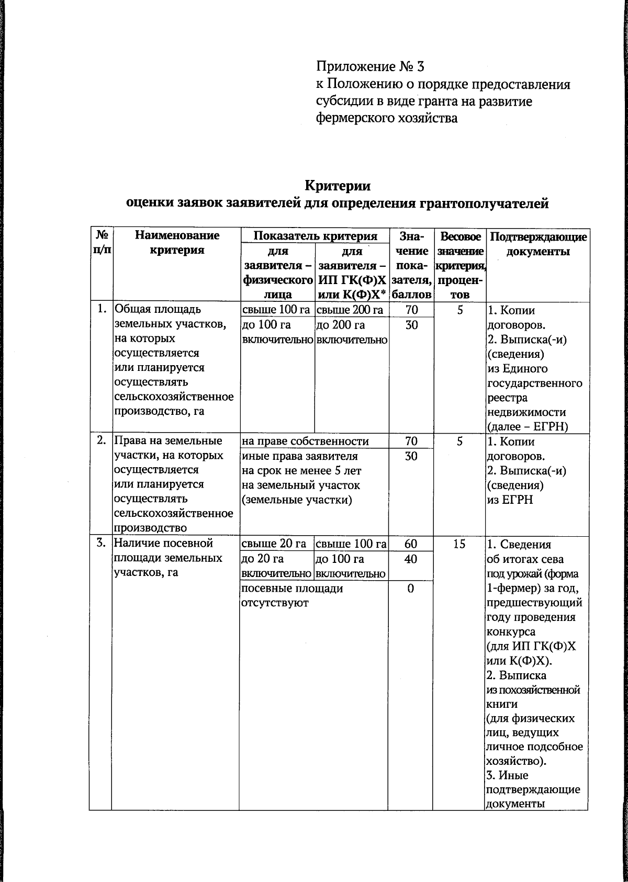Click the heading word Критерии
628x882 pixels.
tap(338, 186)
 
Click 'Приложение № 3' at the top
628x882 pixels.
tap(371, 67)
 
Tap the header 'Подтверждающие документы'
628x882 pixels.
tap(537, 244)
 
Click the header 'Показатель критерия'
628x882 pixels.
tap(315, 235)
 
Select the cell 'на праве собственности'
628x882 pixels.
tap(305, 441)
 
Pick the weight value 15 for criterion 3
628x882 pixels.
tap(459, 544)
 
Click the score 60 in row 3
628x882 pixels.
tap(411, 544)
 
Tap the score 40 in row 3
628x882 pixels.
tap(411, 559)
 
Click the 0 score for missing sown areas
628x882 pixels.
tap(411, 589)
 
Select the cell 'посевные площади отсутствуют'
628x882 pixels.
tap(292, 595)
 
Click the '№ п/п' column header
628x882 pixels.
tap(102, 242)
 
